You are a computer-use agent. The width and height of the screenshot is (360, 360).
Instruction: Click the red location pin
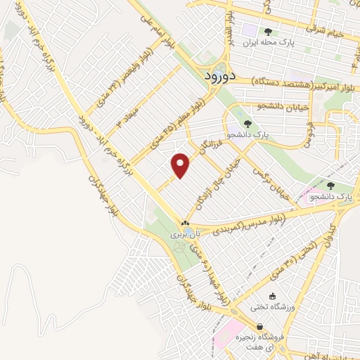coord(181,165)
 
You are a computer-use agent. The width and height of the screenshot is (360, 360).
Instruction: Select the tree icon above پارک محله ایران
coord(267,31)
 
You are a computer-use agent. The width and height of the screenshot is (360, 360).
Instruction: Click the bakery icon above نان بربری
coord(185,222)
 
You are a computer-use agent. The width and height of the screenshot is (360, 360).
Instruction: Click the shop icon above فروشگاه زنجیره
coord(260,327)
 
